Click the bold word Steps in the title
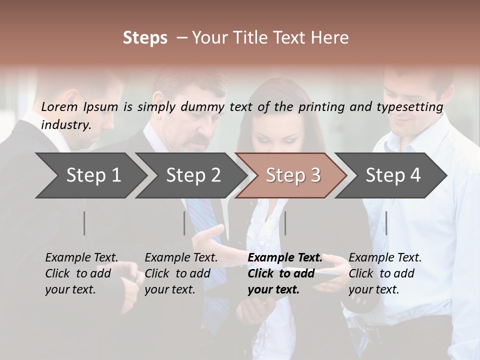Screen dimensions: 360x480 (145, 38)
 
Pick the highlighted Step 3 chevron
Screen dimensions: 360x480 (293, 175)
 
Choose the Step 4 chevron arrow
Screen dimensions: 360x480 (393, 175)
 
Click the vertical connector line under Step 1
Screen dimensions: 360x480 (84, 223)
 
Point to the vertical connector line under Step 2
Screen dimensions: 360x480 (184, 223)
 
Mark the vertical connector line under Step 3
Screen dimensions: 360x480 (285, 223)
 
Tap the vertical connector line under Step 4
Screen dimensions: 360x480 (386, 223)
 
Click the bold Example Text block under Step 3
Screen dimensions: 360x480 (285, 273)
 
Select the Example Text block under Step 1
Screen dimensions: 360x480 (81, 273)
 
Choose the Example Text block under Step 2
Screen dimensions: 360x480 (181, 273)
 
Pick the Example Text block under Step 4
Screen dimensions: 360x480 (385, 273)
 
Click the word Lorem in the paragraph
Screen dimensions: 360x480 (59, 106)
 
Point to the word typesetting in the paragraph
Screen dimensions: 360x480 (412, 107)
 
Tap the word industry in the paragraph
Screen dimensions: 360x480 (66, 124)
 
